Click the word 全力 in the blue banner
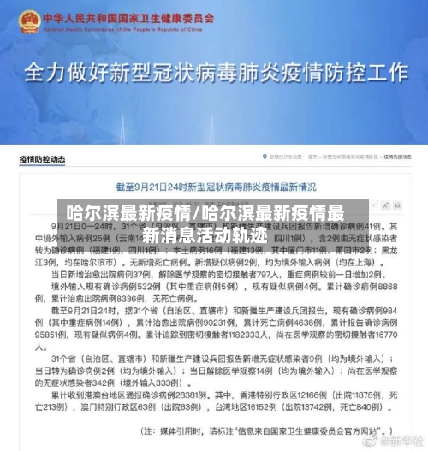(x=47, y=73)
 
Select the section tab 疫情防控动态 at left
(x=43, y=159)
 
